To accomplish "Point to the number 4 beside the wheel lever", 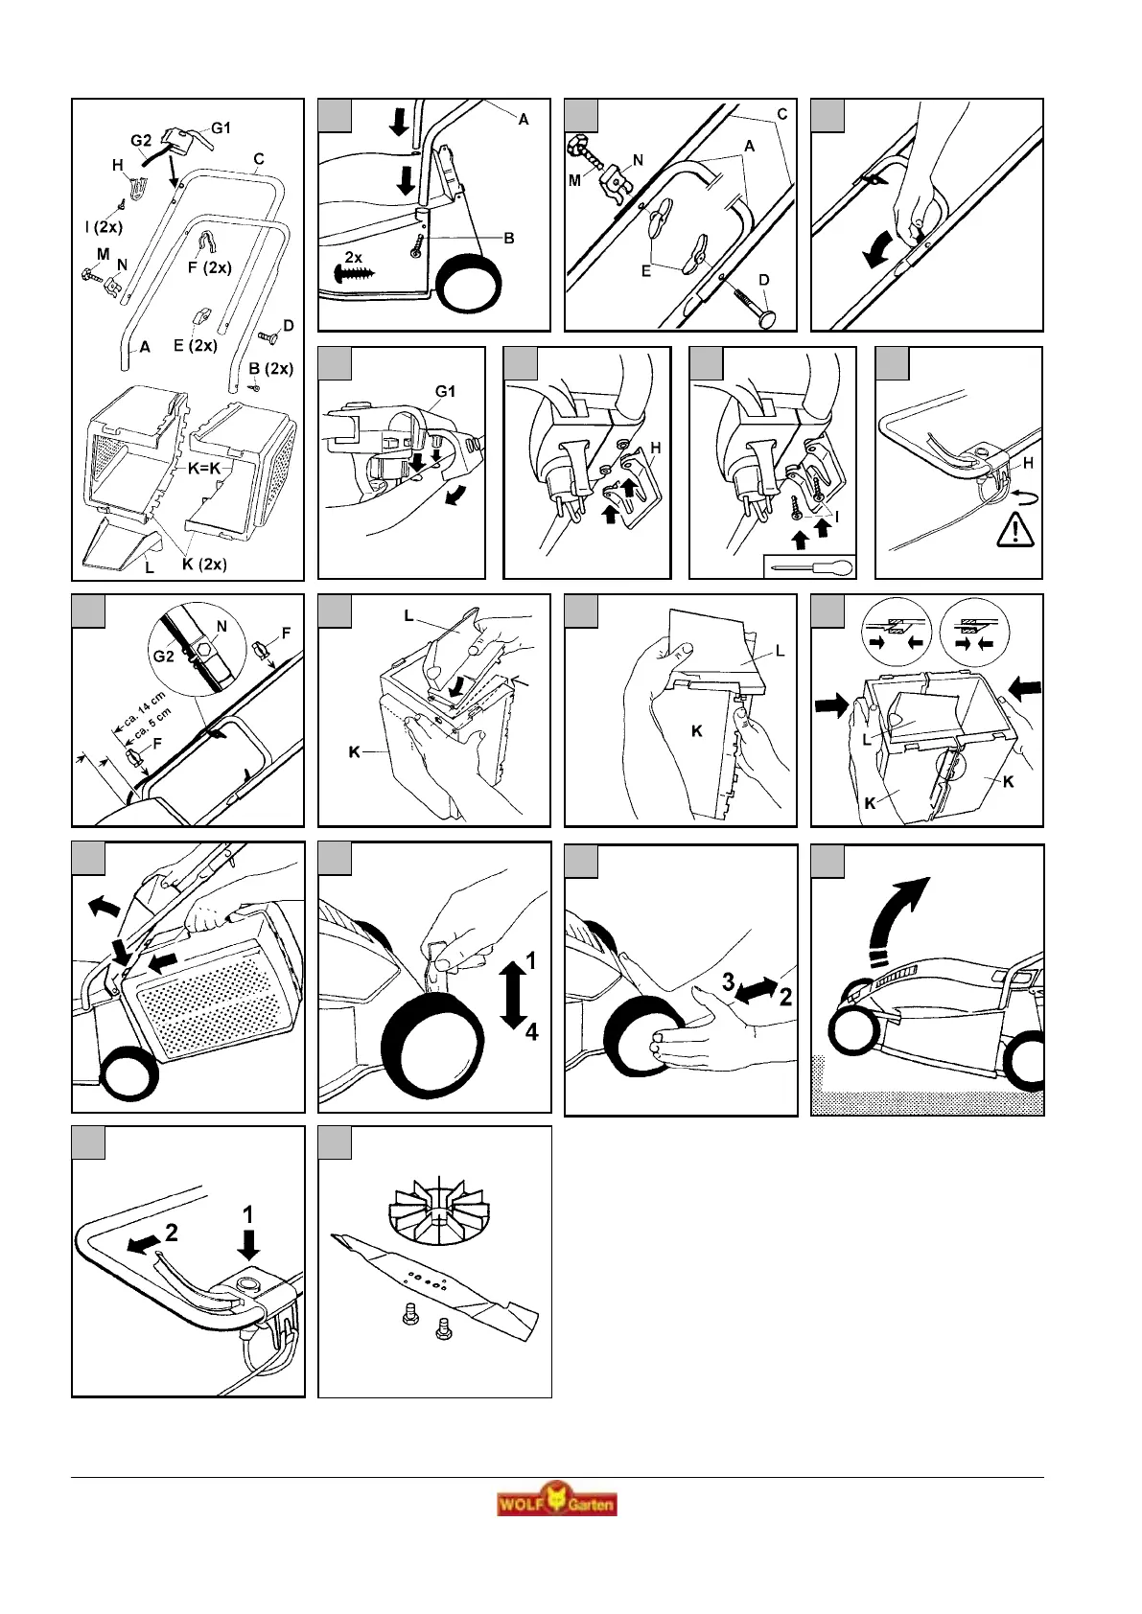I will click(x=531, y=1031).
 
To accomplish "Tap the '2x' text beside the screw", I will click(x=354, y=257).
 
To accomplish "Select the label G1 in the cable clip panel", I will click(x=447, y=391).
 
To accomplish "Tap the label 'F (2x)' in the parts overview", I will click(x=209, y=267).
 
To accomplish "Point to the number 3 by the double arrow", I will click(x=728, y=981).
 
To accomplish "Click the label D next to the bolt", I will click(x=764, y=280).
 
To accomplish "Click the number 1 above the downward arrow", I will click(x=248, y=1213).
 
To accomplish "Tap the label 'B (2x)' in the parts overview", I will click(x=270, y=368).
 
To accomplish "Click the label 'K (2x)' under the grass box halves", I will click(x=204, y=564).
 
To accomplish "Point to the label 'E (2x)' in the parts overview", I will click(x=195, y=345).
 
